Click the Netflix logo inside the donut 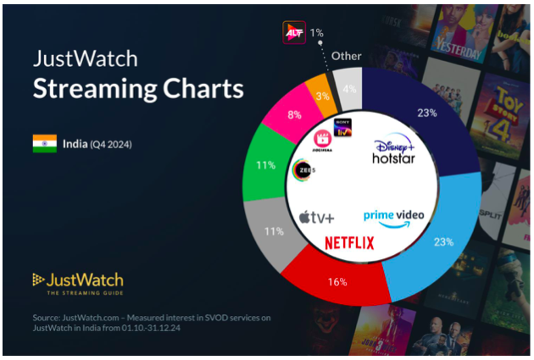coord(348,242)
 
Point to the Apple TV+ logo coord(316,218)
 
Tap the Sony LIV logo coord(343,128)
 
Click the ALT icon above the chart coord(292,32)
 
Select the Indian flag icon coord(44,142)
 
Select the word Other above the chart coord(346,56)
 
